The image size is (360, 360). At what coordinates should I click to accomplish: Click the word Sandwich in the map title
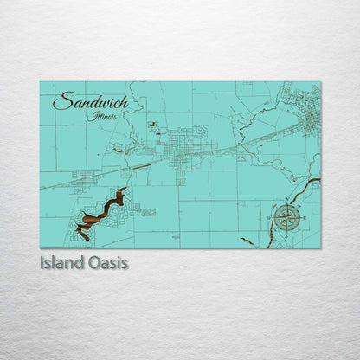(x=90, y=102)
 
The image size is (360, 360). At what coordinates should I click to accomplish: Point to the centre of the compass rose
(x=289, y=217)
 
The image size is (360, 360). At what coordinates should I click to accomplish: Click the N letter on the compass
(x=289, y=205)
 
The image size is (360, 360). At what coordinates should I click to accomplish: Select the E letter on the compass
(x=302, y=217)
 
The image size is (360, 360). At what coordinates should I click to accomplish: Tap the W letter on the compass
(x=275, y=217)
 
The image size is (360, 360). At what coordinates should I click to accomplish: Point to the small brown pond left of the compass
(x=247, y=241)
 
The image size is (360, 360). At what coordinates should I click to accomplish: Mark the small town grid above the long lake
(x=85, y=179)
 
